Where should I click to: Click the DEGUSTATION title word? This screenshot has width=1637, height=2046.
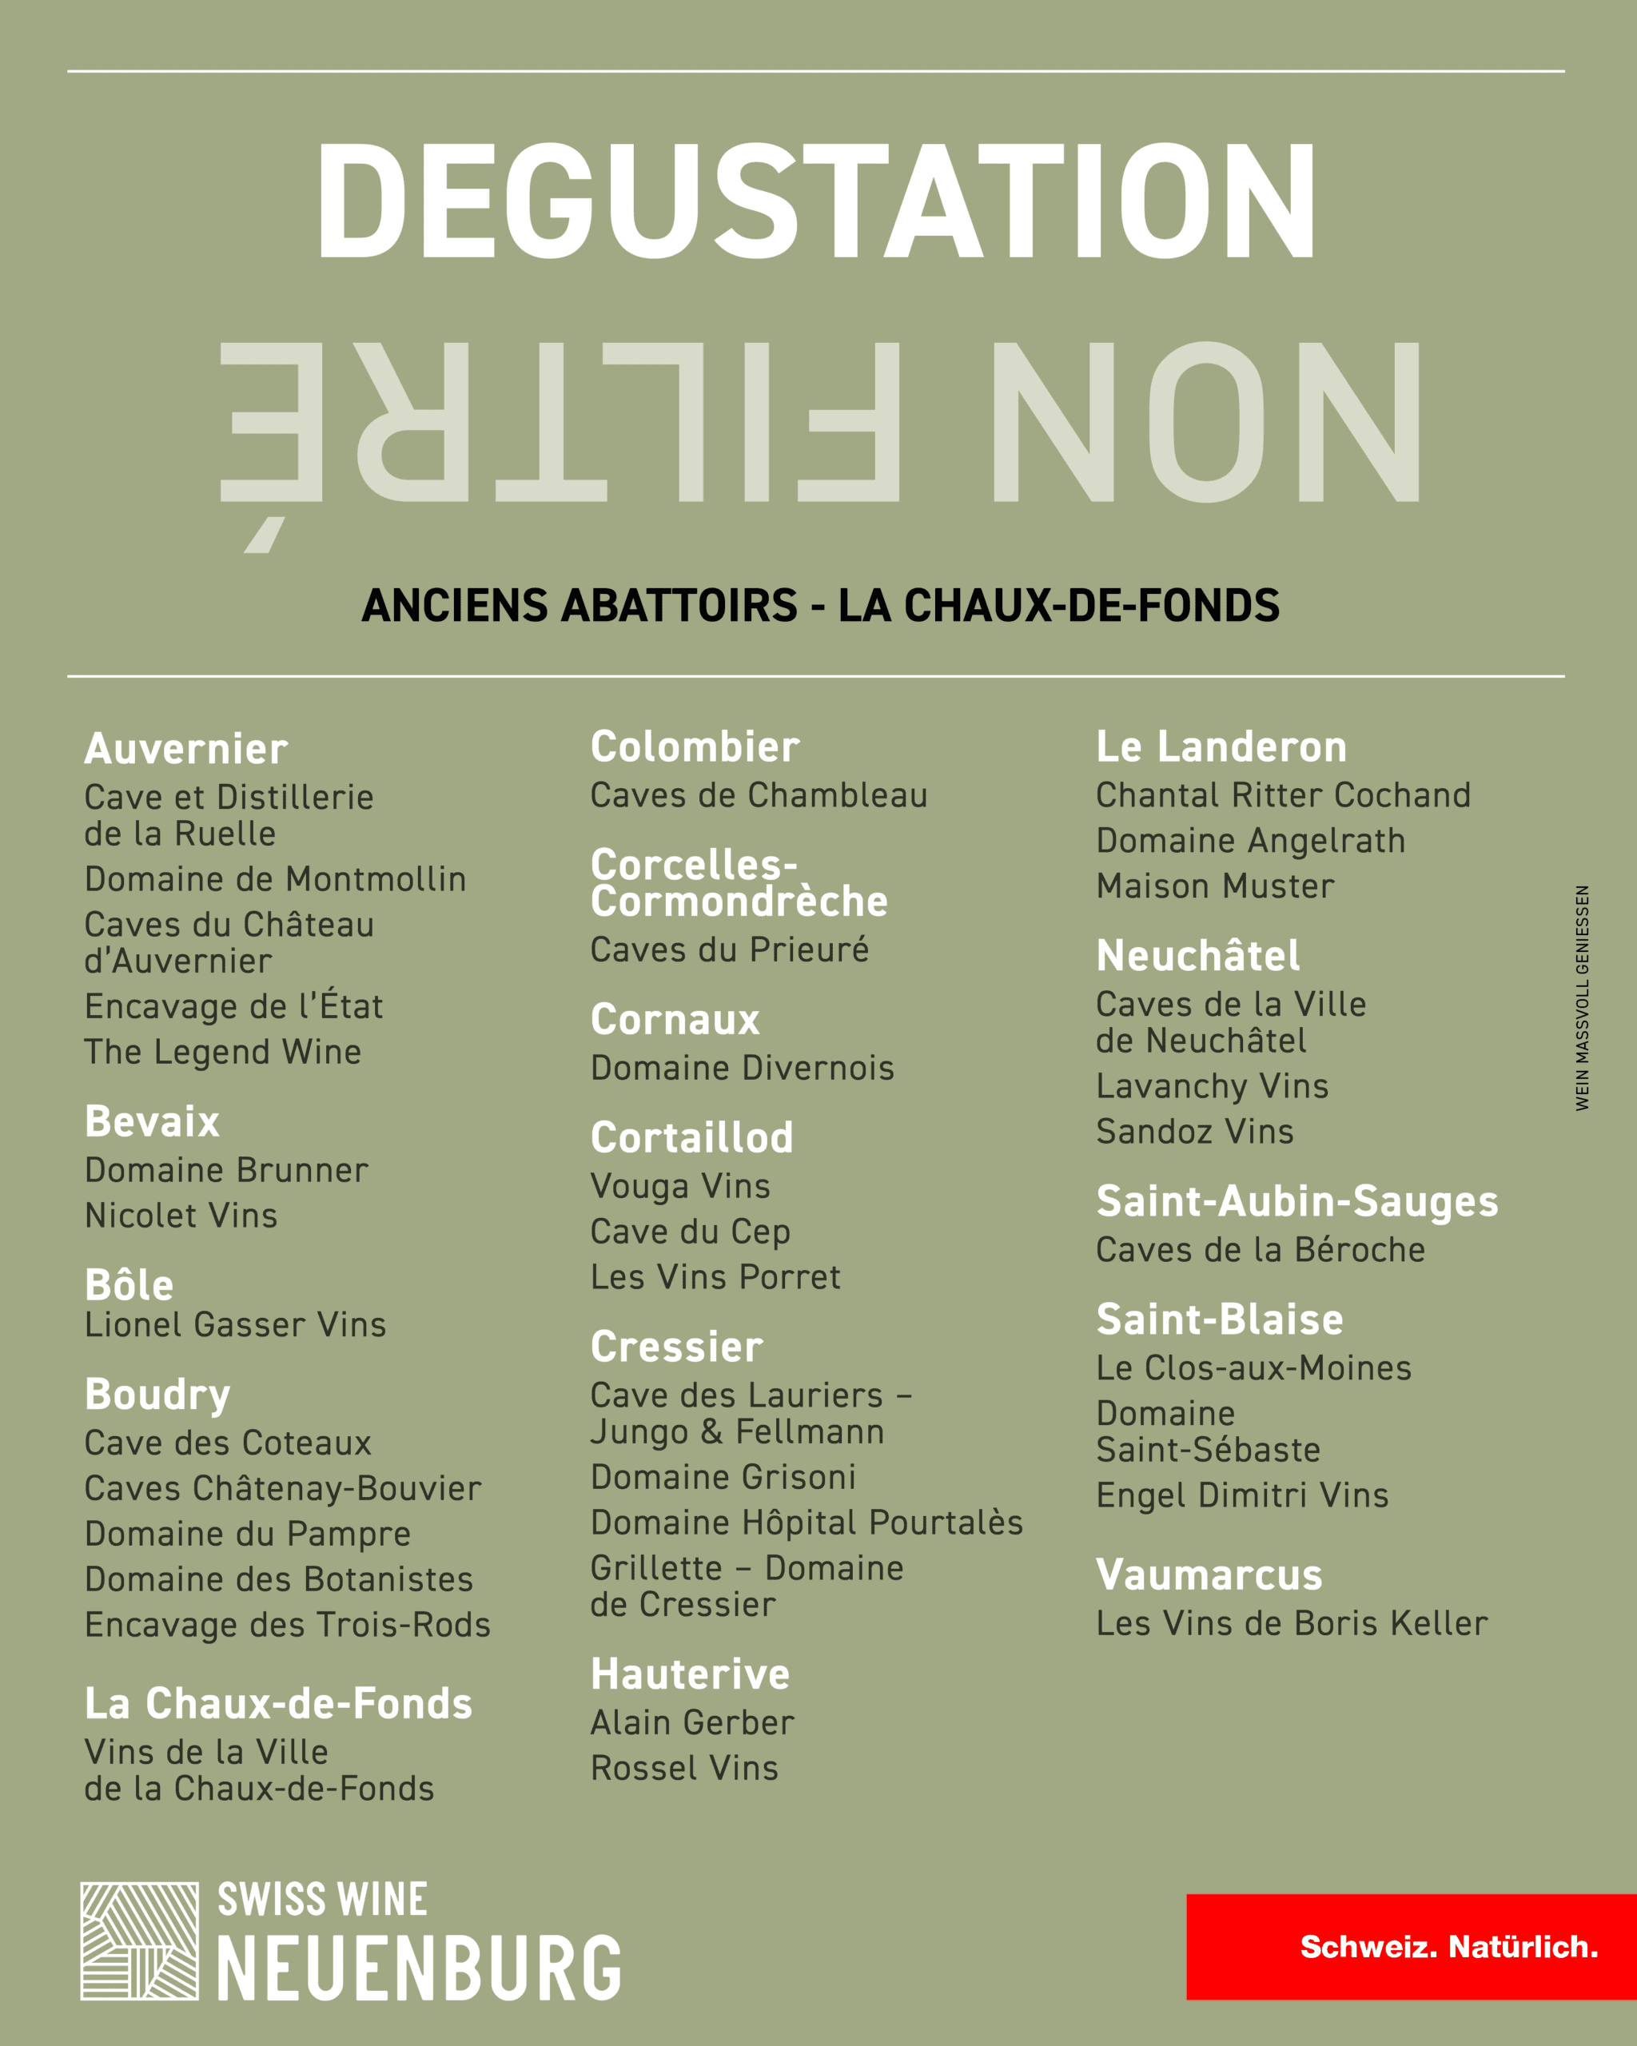[817, 201]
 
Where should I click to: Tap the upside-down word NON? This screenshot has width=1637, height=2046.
[1205, 422]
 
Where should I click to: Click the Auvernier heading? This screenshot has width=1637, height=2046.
[186, 750]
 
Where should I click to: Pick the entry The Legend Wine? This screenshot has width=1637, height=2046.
[223, 1052]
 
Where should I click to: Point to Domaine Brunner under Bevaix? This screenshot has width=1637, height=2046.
[226, 1170]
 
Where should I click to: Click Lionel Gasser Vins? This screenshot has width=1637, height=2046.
[235, 1325]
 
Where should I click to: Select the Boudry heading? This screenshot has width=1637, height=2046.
[157, 1394]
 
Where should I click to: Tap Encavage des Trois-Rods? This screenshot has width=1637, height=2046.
[288, 1625]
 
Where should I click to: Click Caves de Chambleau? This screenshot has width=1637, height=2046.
[759, 795]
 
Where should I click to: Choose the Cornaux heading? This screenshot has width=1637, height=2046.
[675, 1020]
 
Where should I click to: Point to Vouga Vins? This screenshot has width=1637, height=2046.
[680, 1186]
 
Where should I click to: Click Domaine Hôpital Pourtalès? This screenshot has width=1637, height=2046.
[807, 1523]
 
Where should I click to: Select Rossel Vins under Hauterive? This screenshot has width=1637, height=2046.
[684, 1768]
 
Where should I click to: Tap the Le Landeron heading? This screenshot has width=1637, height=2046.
[1221, 746]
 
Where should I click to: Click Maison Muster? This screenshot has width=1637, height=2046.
[1215, 886]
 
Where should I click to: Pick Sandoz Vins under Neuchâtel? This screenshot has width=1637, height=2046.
[1195, 1131]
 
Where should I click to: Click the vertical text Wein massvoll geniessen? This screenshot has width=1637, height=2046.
[1582, 997]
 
